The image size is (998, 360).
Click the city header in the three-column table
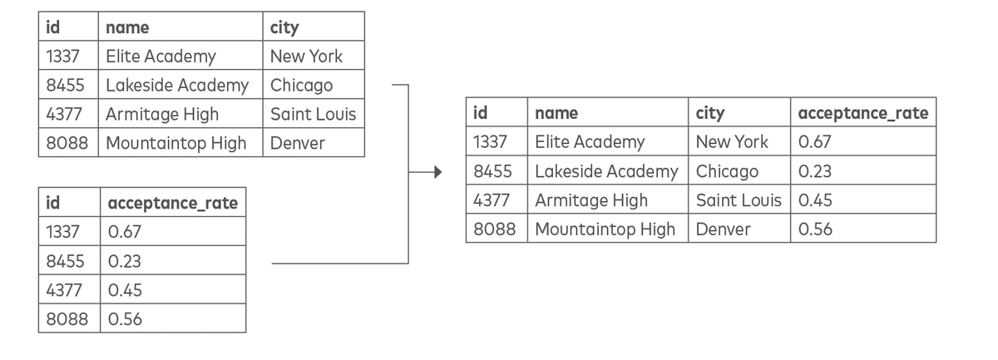point(284,28)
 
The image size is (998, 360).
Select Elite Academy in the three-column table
point(161,57)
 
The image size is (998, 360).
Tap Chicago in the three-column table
point(301,86)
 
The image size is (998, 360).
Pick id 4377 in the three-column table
point(64,115)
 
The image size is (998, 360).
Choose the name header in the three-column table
point(127,27)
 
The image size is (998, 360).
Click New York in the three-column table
point(306,57)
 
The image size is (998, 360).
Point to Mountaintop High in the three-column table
point(176,144)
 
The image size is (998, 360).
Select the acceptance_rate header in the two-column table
point(173,204)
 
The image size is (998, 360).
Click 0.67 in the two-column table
point(124,232)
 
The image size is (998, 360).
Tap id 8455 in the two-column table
point(65,261)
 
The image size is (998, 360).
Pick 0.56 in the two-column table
point(125,319)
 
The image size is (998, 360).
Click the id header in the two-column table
point(52,203)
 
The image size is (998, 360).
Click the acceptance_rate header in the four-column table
point(863,114)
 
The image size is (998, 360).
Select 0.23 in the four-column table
point(815,171)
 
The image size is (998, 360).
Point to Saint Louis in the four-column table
point(739,200)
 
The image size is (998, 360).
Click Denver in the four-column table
point(723,229)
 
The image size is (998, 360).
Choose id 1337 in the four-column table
point(490,142)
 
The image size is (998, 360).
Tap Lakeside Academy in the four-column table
point(606,172)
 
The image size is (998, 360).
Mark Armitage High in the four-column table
point(591,201)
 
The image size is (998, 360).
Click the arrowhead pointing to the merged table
point(438,172)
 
